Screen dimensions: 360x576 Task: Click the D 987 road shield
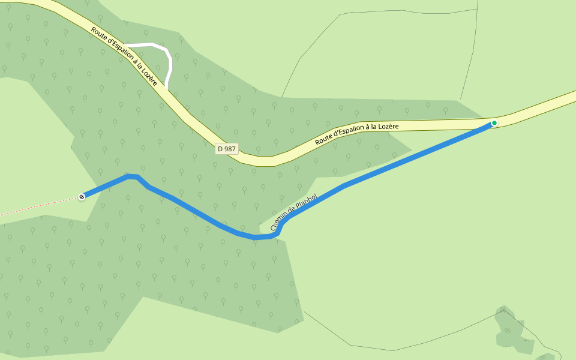point(227,149)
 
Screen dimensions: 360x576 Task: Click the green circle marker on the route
point(494,123)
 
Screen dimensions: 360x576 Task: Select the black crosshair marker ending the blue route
point(82,196)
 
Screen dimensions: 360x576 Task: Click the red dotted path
point(36,207)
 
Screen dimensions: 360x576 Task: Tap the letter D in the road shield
point(220,149)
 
